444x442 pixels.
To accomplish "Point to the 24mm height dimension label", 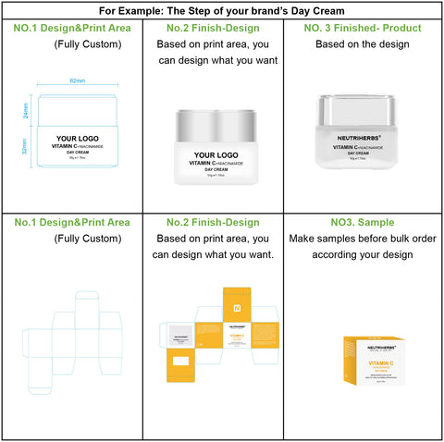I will coord(26,110).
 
